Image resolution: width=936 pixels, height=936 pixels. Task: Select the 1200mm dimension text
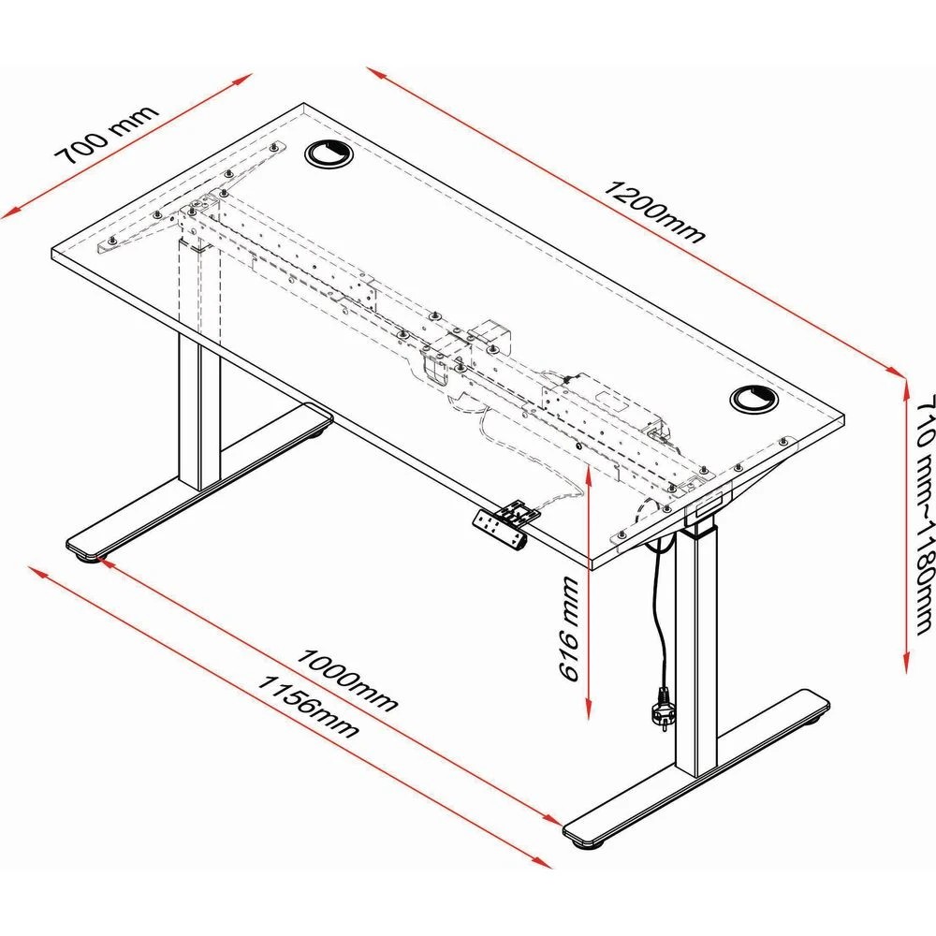(654, 211)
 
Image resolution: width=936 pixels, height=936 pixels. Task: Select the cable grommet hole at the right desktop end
(753, 400)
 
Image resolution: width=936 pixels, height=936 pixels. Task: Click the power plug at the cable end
(660, 707)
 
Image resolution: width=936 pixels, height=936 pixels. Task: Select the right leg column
(695, 655)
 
